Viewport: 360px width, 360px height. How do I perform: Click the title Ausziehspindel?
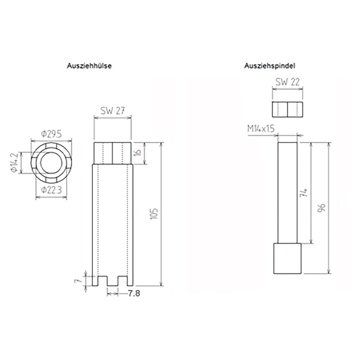tap(270, 65)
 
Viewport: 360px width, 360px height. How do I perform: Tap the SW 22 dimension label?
tap(288, 82)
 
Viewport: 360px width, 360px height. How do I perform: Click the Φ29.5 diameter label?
tap(50, 133)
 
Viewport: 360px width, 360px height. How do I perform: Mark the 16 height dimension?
tap(139, 153)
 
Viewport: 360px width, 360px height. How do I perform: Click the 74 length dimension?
tap(306, 193)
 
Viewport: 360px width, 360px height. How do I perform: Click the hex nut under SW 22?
tap(287, 108)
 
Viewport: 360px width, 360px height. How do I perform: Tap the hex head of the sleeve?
tap(112, 153)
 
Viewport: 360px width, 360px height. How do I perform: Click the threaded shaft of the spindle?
tap(287, 193)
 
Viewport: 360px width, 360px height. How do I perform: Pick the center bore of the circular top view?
tap(50, 163)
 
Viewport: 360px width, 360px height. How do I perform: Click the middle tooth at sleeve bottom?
tap(112, 280)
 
